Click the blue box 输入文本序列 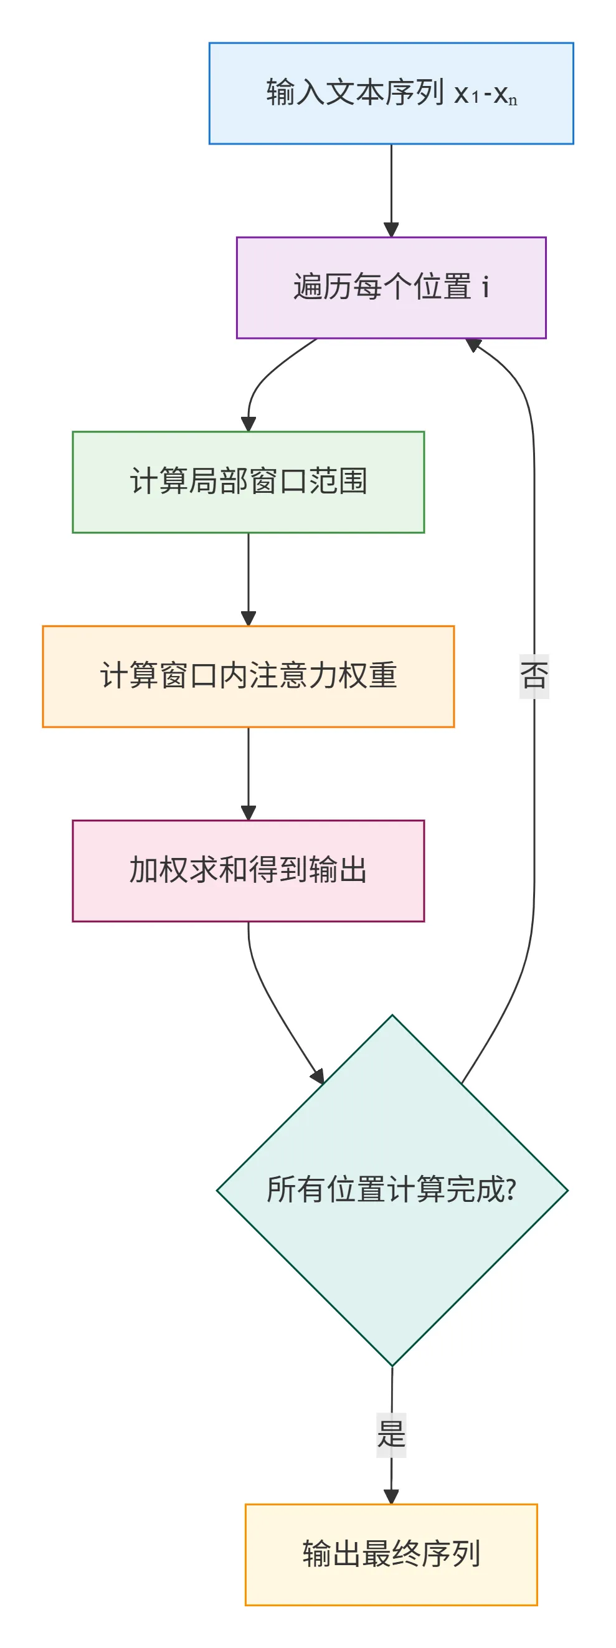click(391, 93)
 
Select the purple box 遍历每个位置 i click(391, 287)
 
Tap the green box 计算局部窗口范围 click(248, 482)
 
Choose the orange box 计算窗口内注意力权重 click(248, 676)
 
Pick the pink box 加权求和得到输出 click(248, 870)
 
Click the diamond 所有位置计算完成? click(392, 1191)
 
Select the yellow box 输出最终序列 click(391, 1554)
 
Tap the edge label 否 click(534, 675)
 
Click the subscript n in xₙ click(513, 101)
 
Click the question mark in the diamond click(511, 1190)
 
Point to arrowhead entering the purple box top click(391, 231)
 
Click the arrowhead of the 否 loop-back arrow click(474, 345)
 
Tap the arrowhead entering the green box click(248, 424)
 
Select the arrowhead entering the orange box click(248, 619)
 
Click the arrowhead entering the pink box click(248, 813)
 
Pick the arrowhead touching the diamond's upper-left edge click(317, 1076)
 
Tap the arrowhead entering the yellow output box click(391, 1497)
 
